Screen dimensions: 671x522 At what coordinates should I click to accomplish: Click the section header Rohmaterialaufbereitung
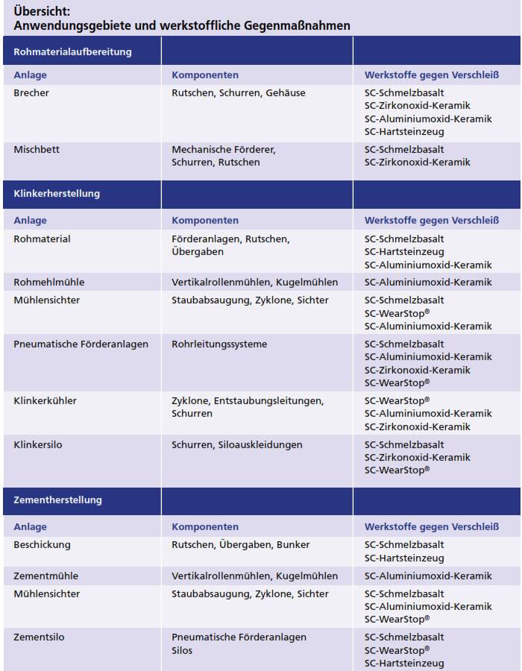click(x=72, y=52)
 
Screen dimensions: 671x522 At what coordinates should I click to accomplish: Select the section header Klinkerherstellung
click(x=57, y=194)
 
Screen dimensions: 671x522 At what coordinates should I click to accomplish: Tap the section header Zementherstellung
click(x=57, y=500)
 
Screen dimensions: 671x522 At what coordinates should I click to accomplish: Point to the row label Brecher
click(x=31, y=93)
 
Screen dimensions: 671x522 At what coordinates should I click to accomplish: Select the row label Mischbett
click(x=37, y=150)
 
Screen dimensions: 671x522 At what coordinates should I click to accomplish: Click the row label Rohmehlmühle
click(x=49, y=283)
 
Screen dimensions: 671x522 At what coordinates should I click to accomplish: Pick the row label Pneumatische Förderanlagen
click(x=81, y=344)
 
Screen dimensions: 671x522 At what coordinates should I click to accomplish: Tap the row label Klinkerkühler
click(x=45, y=401)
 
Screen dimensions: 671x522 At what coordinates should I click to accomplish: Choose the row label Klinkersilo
click(x=38, y=445)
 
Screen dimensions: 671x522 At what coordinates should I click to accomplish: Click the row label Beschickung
click(x=42, y=545)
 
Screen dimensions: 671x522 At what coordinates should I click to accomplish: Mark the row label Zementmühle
click(x=45, y=576)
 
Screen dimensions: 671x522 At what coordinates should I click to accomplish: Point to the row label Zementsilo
click(x=40, y=637)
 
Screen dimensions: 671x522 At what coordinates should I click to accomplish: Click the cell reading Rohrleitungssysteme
click(x=219, y=344)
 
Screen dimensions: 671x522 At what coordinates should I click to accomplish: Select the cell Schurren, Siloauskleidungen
click(x=237, y=445)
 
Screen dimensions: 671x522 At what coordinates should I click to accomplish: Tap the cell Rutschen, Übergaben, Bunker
click(x=240, y=545)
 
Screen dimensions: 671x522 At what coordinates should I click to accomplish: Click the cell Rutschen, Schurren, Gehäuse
click(x=238, y=93)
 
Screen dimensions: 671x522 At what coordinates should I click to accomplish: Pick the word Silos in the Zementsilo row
click(x=182, y=651)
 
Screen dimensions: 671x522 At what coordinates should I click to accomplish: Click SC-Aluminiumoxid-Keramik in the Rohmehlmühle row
click(x=428, y=283)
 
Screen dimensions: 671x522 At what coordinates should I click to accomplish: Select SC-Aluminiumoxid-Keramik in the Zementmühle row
click(x=428, y=576)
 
